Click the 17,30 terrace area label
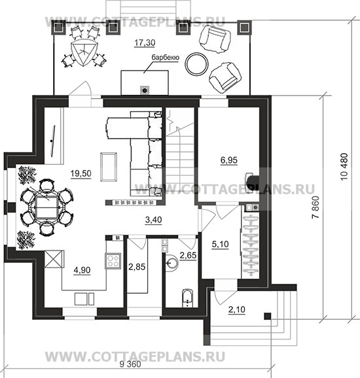point(145,43)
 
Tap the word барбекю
point(166,58)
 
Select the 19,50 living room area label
point(81,173)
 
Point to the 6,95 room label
point(229,160)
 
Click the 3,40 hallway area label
point(154,220)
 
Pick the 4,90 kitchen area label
point(82,271)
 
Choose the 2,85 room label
point(137,267)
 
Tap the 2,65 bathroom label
point(189,255)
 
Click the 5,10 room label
point(220,245)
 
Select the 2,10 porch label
point(237,309)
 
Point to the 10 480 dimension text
point(344,167)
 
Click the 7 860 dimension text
point(315,207)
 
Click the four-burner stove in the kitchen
point(113,261)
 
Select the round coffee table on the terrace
point(196,64)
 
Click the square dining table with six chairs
point(46,207)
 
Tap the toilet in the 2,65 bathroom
point(187,298)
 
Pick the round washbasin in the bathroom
point(171,262)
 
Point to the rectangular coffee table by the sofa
point(109,167)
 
